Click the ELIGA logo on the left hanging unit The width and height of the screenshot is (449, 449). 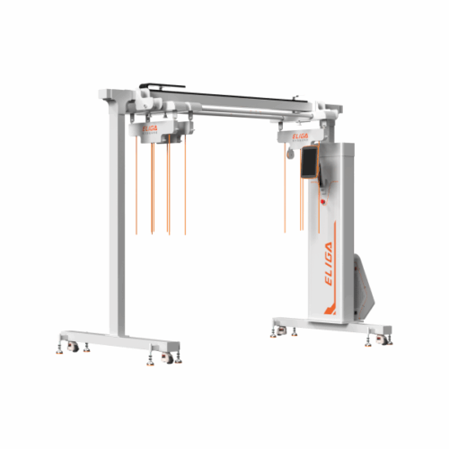(150, 128)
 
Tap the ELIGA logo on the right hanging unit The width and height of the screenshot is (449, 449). (300, 136)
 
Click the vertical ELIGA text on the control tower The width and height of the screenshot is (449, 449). (329, 264)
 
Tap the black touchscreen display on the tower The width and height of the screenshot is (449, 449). (310, 162)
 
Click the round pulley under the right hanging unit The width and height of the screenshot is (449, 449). (290, 154)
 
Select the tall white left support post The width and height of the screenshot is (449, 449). (117, 223)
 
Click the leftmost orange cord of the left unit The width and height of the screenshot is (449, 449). (136, 186)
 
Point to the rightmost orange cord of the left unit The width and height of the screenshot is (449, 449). (185, 185)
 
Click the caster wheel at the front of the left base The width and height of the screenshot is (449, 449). (167, 357)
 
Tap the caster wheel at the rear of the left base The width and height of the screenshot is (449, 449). (73, 347)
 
